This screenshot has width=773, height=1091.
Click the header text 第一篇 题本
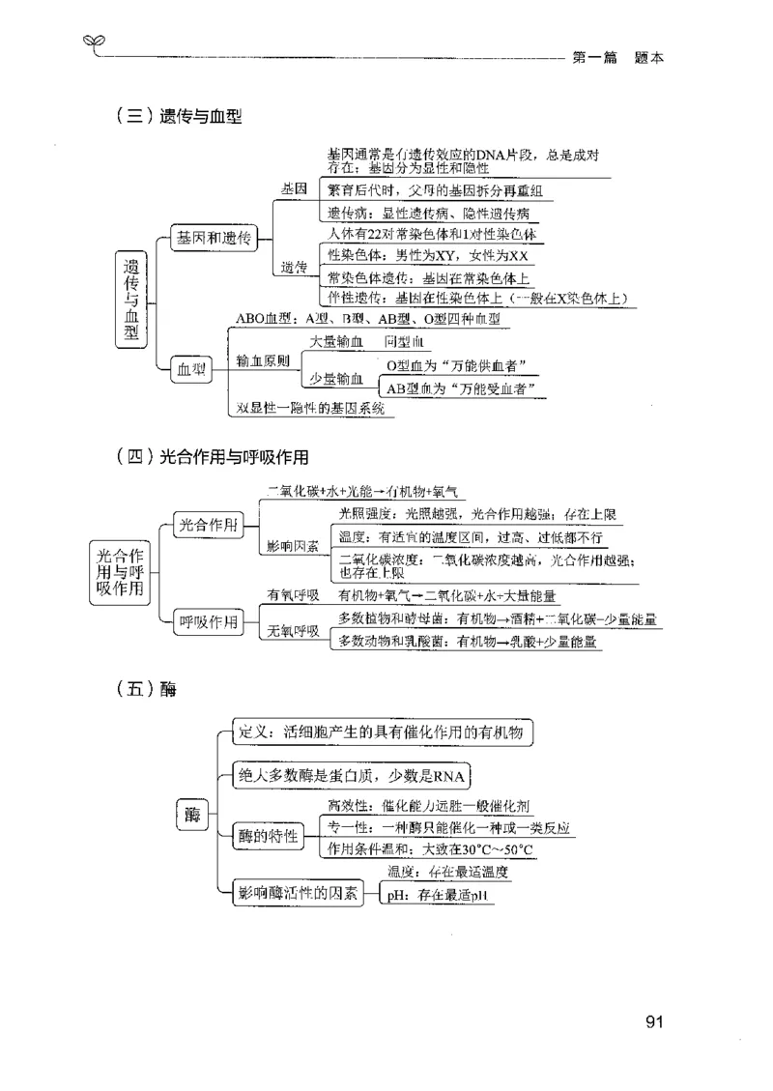coord(618,57)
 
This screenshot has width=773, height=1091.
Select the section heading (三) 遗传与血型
coord(177,118)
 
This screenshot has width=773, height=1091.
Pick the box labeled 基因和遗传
coord(214,239)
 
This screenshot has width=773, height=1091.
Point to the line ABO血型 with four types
coord(367,318)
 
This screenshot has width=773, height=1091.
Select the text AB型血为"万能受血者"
coord(461,388)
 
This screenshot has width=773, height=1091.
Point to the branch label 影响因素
coord(294,547)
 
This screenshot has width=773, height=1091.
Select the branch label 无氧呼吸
coord(294,631)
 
